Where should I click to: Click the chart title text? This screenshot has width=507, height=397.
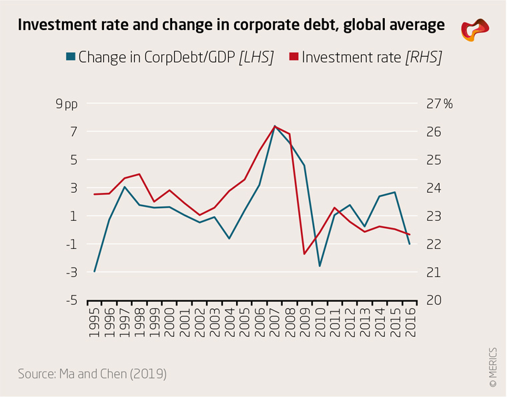click(231, 26)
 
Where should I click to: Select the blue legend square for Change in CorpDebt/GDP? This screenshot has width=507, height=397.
click(72, 57)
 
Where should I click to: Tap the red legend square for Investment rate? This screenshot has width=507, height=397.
click(294, 57)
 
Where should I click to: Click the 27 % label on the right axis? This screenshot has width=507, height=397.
click(439, 104)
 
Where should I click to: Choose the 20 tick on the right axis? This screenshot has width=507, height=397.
click(433, 300)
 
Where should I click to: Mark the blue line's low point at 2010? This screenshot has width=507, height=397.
click(320, 266)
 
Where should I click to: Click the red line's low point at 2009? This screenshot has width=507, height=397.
click(304, 254)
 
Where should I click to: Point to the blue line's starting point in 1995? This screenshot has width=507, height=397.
click(95, 272)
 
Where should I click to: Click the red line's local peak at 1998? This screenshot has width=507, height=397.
click(139, 174)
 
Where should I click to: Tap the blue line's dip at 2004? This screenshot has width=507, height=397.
click(229, 239)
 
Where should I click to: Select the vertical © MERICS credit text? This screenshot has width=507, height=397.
click(493, 367)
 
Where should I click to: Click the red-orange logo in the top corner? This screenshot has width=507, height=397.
click(475, 29)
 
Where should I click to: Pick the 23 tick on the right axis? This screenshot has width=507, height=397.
click(433, 216)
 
